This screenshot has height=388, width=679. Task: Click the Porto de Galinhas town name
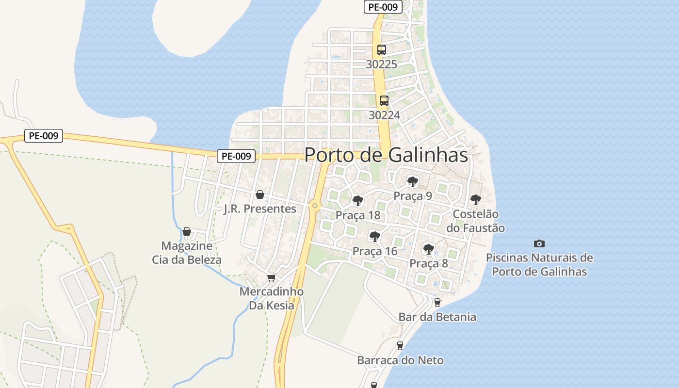(x=386, y=155)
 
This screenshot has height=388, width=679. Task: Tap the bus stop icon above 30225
(x=382, y=49)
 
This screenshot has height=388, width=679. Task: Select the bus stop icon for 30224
(x=384, y=101)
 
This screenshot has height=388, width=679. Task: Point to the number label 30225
(x=382, y=64)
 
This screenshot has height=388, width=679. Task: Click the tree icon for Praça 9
(x=413, y=182)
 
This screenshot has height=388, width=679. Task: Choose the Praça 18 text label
(x=358, y=215)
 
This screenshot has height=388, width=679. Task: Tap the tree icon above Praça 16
(x=374, y=237)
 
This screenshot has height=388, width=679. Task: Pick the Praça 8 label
(x=429, y=263)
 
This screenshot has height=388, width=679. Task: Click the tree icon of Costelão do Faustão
(x=476, y=199)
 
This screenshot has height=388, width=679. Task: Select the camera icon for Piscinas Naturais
(x=539, y=243)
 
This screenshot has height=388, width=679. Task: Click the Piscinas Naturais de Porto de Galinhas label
(x=539, y=264)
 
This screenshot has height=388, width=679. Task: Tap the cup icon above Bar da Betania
(x=437, y=303)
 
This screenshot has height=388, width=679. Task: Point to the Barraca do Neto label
(x=400, y=360)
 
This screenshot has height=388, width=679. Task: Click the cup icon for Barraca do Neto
(x=400, y=346)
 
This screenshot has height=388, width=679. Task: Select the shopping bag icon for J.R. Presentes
(x=260, y=194)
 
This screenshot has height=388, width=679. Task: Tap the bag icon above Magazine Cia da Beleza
(x=187, y=231)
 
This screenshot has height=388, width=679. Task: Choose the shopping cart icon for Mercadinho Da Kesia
(x=272, y=277)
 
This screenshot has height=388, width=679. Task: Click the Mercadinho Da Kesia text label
(x=272, y=298)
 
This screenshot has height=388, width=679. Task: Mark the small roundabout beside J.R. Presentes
(x=315, y=206)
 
